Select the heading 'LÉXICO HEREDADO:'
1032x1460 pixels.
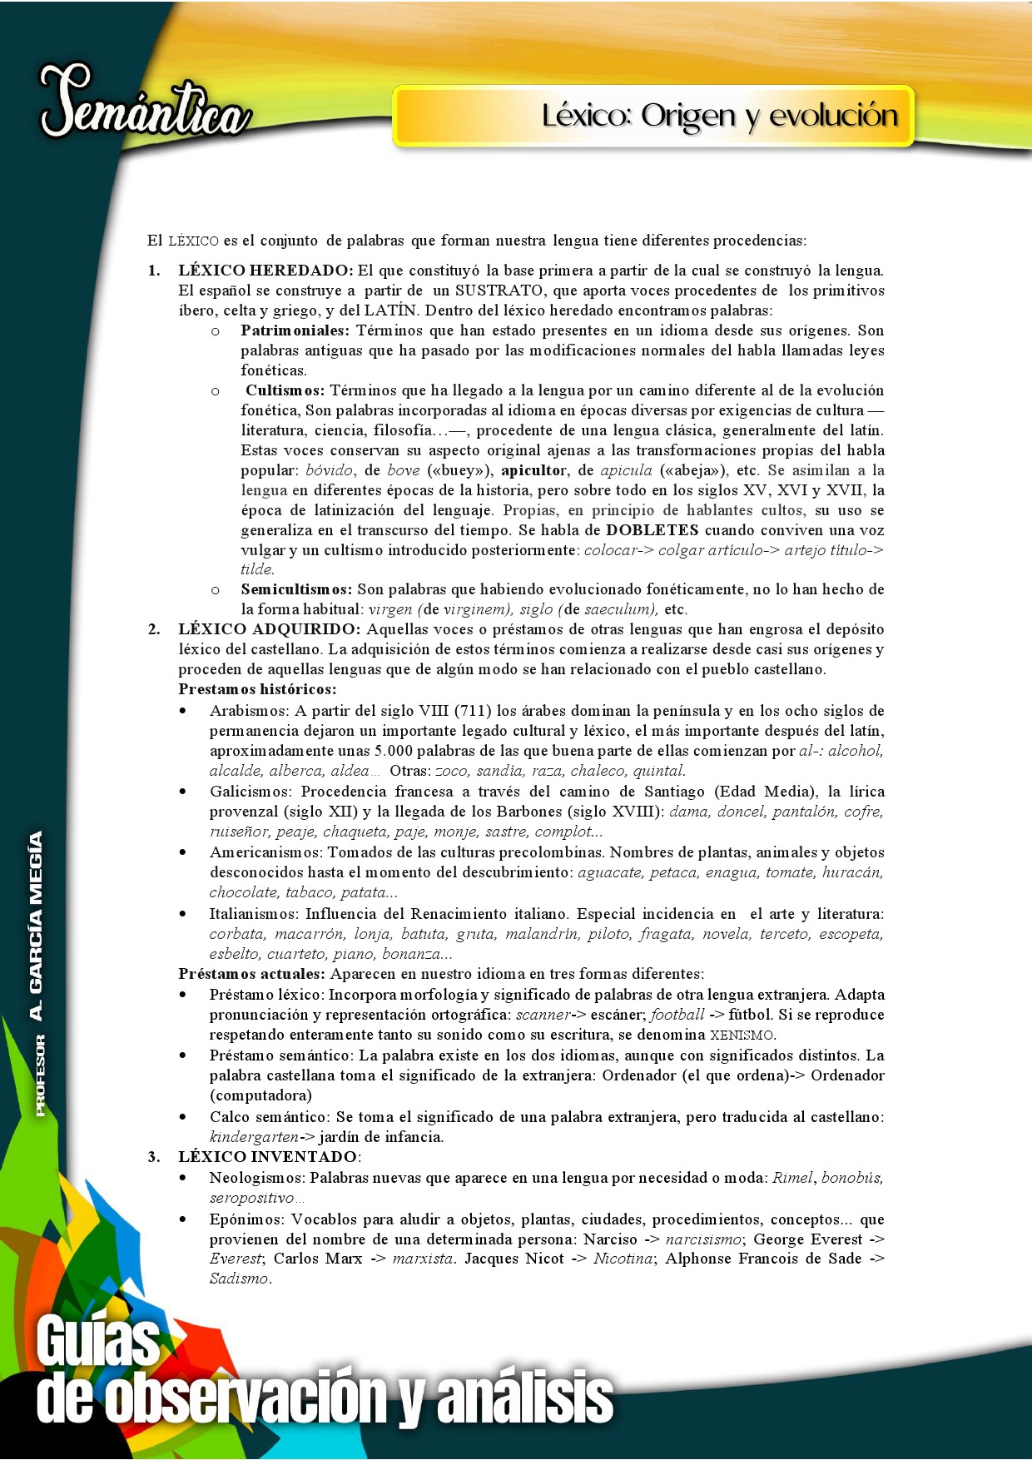click(x=265, y=271)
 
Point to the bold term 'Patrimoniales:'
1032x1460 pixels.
click(x=295, y=330)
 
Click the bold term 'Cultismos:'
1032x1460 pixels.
click(x=285, y=390)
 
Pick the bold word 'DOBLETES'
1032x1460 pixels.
click(x=652, y=530)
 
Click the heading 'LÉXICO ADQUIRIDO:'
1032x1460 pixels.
click(x=269, y=629)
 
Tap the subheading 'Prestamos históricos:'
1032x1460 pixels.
click(x=257, y=689)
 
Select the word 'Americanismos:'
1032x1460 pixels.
click(x=265, y=852)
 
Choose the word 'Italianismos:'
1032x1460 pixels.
click(x=253, y=914)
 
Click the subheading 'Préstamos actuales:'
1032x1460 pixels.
click(x=251, y=974)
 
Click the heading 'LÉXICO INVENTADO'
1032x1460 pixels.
click(x=267, y=1157)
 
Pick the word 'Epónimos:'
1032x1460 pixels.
click(x=246, y=1219)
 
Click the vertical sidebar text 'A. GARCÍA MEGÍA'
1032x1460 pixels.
click(x=36, y=925)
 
